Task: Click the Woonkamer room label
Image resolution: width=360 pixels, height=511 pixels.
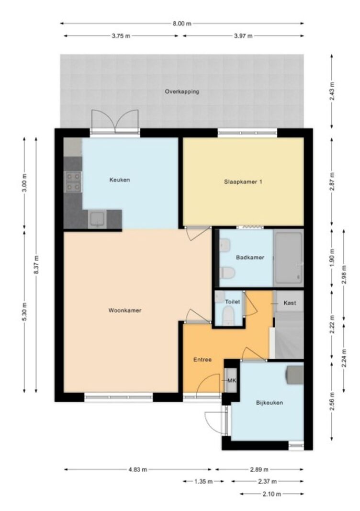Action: (x=125, y=310)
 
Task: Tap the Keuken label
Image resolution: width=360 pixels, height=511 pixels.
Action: (x=120, y=180)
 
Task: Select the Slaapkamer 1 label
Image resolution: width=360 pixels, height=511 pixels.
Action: (x=243, y=182)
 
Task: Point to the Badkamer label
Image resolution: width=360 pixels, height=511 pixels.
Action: (x=250, y=257)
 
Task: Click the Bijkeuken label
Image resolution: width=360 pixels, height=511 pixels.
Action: (x=270, y=402)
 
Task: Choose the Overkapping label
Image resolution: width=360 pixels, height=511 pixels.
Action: (x=182, y=91)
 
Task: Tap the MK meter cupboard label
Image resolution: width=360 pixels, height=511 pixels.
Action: (x=232, y=380)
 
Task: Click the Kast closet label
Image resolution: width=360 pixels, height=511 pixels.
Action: (x=290, y=303)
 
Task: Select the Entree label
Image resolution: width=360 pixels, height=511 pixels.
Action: (x=202, y=360)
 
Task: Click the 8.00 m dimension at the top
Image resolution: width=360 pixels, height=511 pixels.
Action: (x=182, y=23)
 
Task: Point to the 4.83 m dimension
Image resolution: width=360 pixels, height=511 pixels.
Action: (x=137, y=470)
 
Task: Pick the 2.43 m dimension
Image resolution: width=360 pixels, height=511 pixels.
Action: (x=332, y=91)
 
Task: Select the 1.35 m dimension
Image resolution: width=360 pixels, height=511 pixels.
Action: (x=203, y=481)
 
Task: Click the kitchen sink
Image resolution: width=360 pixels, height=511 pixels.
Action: (x=97, y=219)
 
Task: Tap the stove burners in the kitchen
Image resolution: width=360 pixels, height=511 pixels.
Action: (x=73, y=182)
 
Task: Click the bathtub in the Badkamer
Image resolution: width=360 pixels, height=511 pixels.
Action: (x=289, y=258)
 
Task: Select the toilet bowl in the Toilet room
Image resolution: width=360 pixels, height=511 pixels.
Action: (x=228, y=317)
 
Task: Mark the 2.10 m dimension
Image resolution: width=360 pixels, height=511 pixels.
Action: (x=272, y=494)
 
